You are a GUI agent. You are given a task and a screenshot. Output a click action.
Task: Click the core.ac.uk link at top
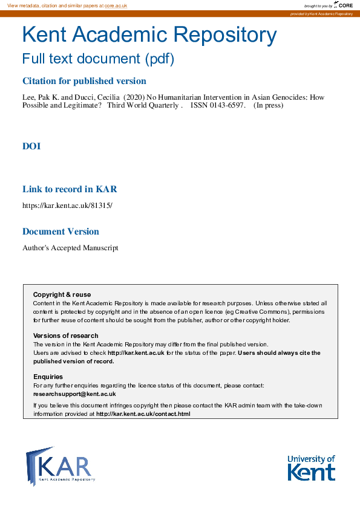(x=116, y=5)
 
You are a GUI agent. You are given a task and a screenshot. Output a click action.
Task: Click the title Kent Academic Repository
(x=149, y=36)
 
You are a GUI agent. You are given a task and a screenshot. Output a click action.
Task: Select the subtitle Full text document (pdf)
(x=98, y=59)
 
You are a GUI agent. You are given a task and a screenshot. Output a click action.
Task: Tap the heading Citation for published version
(x=84, y=81)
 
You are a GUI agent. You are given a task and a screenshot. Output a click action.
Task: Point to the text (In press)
(x=268, y=105)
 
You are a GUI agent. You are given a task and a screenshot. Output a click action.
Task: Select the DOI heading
(x=31, y=146)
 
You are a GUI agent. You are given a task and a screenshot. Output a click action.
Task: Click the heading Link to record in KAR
(x=70, y=189)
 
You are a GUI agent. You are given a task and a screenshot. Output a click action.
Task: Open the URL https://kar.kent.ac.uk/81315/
(x=67, y=206)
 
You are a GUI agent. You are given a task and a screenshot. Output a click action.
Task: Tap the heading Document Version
(x=61, y=232)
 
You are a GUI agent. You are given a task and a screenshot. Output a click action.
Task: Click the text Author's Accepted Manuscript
(x=70, y=248)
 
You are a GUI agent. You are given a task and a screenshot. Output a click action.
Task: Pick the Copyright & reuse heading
(x=62, y=295)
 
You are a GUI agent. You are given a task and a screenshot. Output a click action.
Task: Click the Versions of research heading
(x=65, y=336)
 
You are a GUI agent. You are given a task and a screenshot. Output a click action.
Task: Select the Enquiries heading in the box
(x=48, y=377)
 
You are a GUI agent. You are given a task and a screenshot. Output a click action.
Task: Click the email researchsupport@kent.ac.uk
(x=74, y=394)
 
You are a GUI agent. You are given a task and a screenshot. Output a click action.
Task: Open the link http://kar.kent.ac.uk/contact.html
(x=143, y=414)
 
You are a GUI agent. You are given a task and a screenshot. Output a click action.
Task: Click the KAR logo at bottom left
(x=60, y=466)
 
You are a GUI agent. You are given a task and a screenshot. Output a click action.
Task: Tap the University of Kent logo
(x=311, y=467)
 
